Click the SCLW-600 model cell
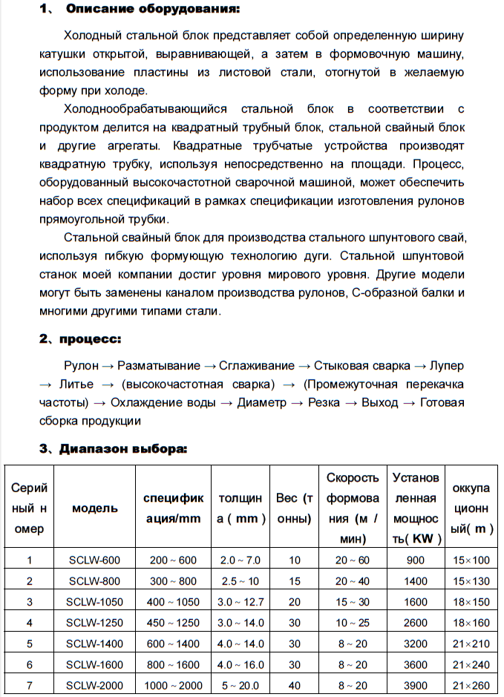tap(94, 560)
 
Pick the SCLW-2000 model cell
tap(94, 686)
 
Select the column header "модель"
tap(94, 508)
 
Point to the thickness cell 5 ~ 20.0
tap(240, 686)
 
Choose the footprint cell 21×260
tap(471, 686)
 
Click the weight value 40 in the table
tap(295, 686)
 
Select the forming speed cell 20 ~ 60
tap(352, 560)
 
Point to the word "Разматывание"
tap(159, 365)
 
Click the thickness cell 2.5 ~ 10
tap(240, 580)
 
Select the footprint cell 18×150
tap(471, 601)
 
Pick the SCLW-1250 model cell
tap(94, 623)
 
